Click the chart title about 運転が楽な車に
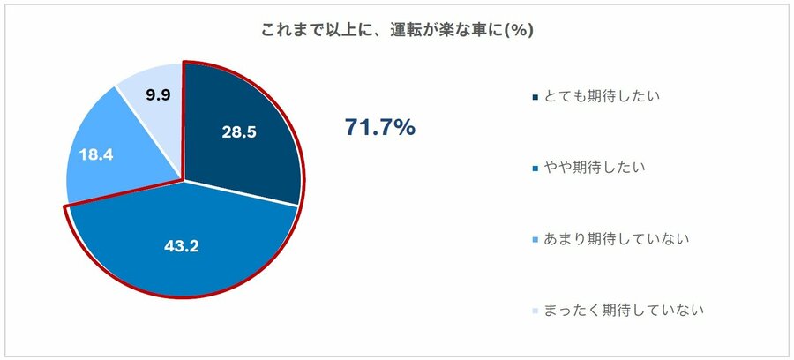click(397, 30)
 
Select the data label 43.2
click(182, 246)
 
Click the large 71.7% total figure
click(379, 129)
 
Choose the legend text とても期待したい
click(599, 94)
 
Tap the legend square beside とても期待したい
click(535, 95)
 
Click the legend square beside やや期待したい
click(535, 168)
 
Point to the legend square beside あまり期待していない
click(535, 239)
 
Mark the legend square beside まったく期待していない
click(535, 311)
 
